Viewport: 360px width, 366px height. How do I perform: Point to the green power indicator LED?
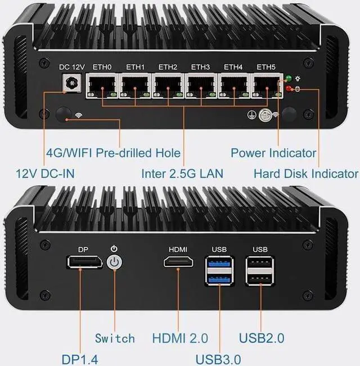(x=289, y=79)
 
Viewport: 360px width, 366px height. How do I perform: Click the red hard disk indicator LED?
(x=289, y=88)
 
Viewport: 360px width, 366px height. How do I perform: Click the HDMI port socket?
(x=178, y=262)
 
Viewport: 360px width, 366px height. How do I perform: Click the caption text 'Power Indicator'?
(x=273, y=152)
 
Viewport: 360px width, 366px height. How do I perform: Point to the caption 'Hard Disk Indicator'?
(x=305, y=173)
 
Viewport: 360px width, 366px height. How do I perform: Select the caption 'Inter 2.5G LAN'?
(x=182, y=173)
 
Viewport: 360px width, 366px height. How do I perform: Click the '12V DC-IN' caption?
(x=37, y=173)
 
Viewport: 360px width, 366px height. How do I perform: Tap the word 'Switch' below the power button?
(x=115, y=338)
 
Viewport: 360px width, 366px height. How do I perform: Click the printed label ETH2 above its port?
(x=168, y=67)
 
